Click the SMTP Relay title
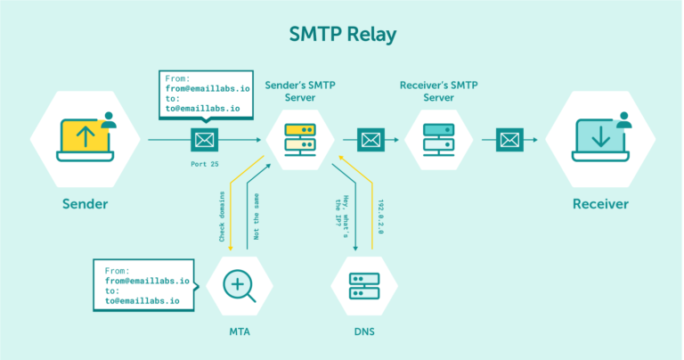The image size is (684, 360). tap(342, 35)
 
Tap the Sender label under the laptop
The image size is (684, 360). tap(85, 204)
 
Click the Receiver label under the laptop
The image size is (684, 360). tap(599, 204)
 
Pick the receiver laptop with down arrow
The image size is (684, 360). tap(598, 139)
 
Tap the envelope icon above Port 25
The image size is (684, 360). tap(204, 139)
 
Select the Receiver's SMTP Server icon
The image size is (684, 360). tap(439, 139)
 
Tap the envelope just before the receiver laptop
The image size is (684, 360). tap(509, 139)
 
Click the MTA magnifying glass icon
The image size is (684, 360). tap(239, 286)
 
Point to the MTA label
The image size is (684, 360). tap(239, 332)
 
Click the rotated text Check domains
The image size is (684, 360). tap(222, 214)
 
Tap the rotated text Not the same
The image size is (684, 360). tap(256, 214)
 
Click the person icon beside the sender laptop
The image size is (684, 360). tap(109, 120)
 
